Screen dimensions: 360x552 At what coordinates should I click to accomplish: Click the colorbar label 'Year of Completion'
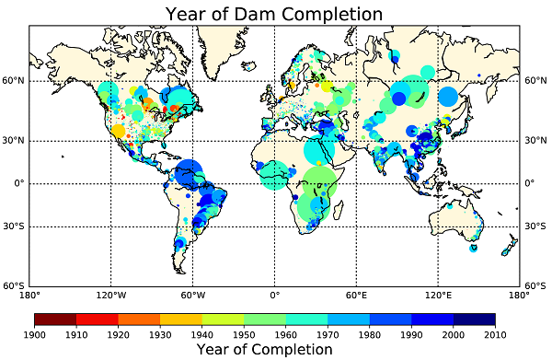click(265, 349)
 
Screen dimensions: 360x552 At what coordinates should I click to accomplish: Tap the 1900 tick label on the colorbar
click(35, 333)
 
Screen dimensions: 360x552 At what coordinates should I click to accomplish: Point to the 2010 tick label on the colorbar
click(496, 333)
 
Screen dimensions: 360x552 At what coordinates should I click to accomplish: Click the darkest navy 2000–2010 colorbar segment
click(475, 319)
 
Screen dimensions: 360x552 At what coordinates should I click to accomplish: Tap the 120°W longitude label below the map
click(110, 296)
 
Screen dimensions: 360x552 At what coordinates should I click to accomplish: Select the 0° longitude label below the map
click(274, 296)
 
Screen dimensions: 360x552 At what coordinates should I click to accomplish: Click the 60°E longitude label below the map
click(356, 296)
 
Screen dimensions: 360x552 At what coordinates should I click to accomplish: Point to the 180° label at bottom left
click(29, 296)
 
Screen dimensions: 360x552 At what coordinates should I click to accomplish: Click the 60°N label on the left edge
click(13, 81)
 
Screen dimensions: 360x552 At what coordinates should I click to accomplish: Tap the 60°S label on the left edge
click(13, 286)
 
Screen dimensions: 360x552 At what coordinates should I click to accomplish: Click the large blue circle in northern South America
click(189, 170)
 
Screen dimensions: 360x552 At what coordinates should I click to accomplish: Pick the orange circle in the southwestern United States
click(118, 131)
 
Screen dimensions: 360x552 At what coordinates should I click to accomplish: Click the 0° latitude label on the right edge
click(530, 183)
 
